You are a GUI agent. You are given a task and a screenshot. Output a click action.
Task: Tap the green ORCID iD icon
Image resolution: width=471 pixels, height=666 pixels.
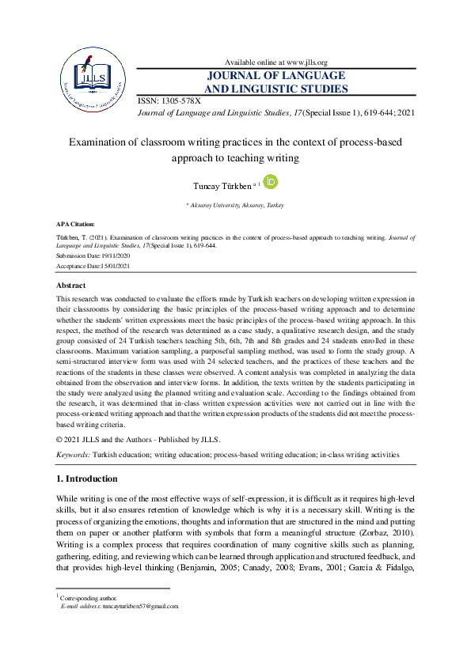click(270, 183)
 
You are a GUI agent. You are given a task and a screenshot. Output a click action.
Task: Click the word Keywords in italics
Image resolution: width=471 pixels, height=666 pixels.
click(73, 456)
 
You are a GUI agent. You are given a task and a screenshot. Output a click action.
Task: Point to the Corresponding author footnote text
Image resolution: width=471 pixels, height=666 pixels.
click(89, 598)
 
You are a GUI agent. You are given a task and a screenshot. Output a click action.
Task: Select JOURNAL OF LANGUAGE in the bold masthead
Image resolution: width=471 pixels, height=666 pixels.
click(276, 76)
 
